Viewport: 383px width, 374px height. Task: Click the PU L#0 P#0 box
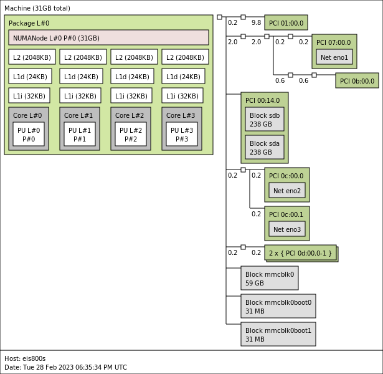(29, 134)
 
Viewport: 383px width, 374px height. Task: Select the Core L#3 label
(181, 115)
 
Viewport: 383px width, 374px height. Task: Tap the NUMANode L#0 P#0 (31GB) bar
(108, 37)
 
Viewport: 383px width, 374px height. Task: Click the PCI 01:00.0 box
(286, 23)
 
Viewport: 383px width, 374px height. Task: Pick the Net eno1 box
(334, 57)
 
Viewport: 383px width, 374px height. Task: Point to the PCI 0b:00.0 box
(357, 80)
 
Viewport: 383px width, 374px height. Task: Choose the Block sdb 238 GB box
(264, 119)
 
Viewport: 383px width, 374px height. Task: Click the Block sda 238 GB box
(264, 147)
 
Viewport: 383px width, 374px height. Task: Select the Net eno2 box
(287, 190)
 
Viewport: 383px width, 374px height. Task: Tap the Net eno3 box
(287, 229)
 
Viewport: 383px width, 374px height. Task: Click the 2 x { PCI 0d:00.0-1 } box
(301, 252)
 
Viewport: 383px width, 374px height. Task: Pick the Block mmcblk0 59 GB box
(269, 278)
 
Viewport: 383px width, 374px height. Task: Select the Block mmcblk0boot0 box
(278, 306)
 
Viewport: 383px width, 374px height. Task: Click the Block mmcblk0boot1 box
(278, 334)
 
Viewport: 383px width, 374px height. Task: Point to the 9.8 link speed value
(256, 23)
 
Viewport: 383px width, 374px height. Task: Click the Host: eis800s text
(25, 358)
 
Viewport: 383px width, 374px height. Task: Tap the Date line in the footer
(65, 367)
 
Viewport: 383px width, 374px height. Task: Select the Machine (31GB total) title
(37, 8)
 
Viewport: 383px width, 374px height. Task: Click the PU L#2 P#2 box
(131, 134)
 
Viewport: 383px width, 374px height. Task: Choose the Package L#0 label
(29, 23)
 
